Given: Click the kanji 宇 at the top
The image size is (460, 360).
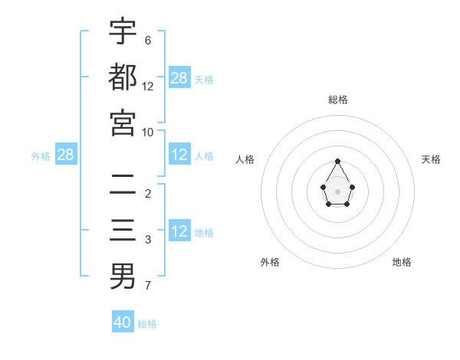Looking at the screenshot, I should [x=123, y=32].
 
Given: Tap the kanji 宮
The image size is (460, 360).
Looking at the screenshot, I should [x=123, y=123].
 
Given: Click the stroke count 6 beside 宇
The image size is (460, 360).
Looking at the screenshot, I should [x=148, y=40].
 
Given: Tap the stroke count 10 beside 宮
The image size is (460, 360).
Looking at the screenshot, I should [x=148, y=132].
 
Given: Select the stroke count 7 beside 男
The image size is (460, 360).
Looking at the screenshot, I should [x=148, y=286].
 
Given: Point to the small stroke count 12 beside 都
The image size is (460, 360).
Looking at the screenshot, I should [x=148, y=86].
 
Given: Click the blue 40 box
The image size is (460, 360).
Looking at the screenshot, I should [x=123, y=322].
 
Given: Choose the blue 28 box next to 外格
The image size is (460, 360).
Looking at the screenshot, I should [x=66, y=155].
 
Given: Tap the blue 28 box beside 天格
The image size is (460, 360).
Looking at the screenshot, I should [x=179, y=78].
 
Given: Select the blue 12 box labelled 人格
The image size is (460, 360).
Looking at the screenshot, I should [x=179, y=155].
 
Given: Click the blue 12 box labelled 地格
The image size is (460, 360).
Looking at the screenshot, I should [x=179, y=232].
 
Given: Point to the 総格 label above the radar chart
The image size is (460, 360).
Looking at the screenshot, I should [x=338, y=100].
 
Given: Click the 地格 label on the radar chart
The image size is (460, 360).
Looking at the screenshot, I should [x=402, y=262].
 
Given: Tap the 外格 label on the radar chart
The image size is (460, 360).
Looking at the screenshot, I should [x=270, y=262].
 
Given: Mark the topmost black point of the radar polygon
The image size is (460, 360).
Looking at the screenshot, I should [x=338, y=161].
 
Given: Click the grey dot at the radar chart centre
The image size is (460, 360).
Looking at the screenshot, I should [x=338, y=191].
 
